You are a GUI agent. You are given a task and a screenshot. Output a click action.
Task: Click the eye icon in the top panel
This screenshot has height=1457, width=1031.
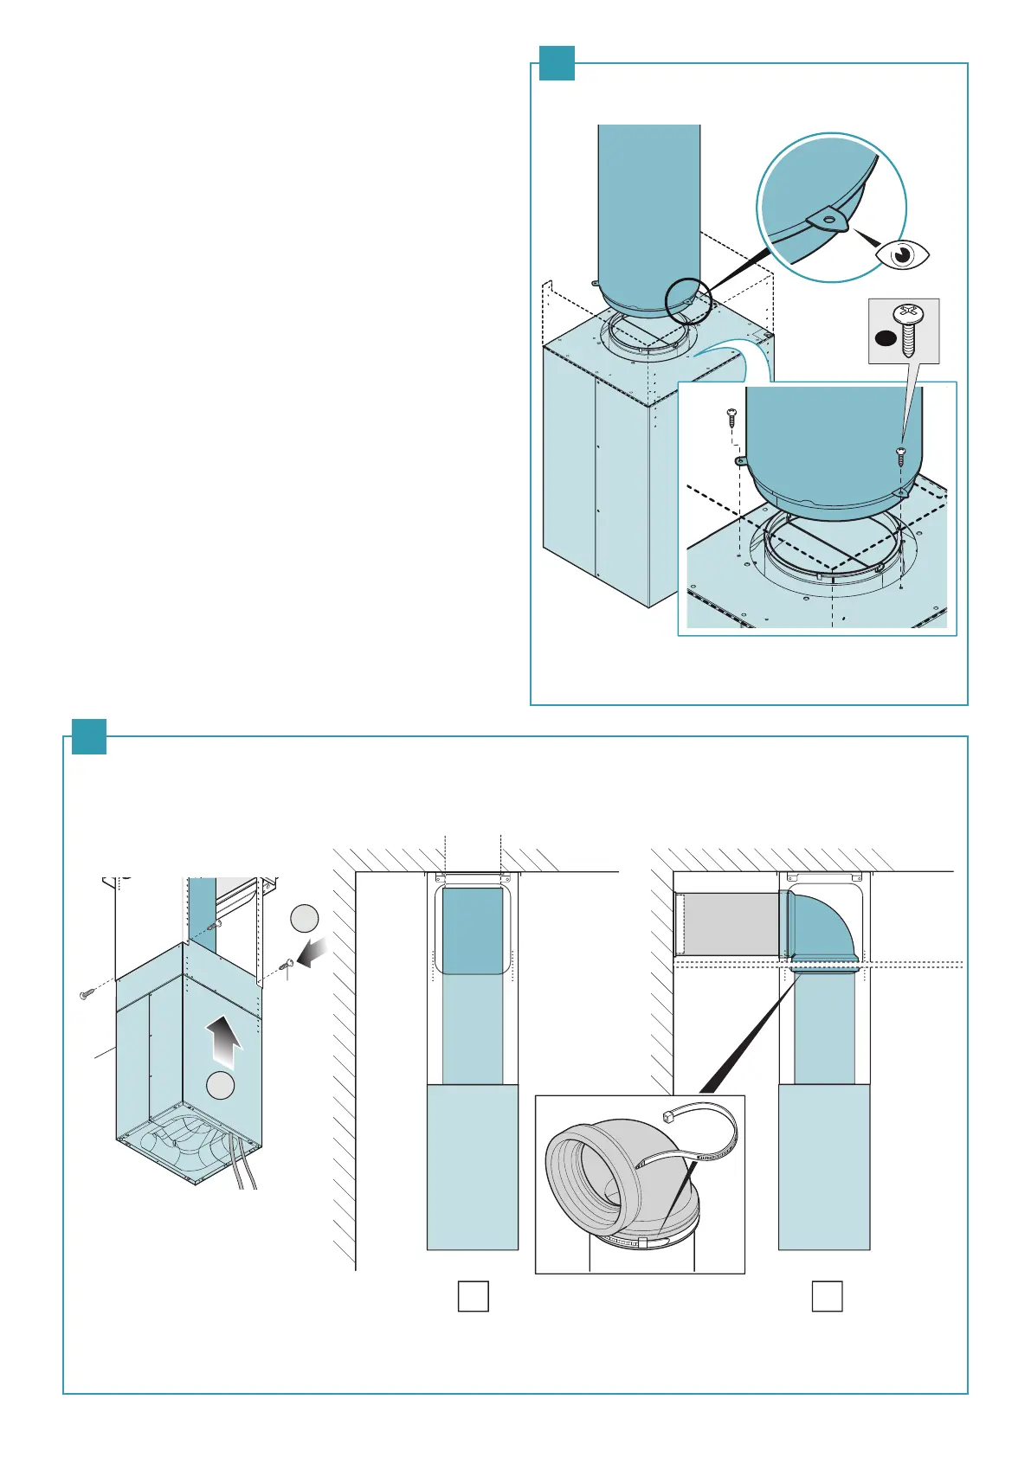coord(903,254)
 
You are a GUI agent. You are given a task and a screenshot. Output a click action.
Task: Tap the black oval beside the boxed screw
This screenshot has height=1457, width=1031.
coord(885,338)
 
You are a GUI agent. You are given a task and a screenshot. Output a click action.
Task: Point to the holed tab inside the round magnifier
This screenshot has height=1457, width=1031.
coord(828,220)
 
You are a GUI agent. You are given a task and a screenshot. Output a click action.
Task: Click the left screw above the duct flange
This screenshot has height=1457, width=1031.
coord(731,418)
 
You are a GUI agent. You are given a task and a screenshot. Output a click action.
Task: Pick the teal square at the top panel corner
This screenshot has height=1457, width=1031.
coord(557,62)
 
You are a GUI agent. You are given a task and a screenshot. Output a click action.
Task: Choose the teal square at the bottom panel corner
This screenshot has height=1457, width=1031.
coord(88,736)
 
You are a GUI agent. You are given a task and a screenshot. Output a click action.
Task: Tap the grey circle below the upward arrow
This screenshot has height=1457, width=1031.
coord(221,1084)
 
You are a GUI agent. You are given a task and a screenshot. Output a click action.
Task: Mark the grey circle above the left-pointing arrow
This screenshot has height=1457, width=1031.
coord(304,917)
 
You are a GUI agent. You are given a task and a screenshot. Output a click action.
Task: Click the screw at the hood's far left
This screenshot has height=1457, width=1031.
coord(87,995)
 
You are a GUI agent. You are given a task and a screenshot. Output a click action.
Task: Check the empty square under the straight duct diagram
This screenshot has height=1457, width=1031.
coord(473,1296)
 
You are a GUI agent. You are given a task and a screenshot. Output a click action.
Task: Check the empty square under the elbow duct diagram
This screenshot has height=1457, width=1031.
coord(827,1296)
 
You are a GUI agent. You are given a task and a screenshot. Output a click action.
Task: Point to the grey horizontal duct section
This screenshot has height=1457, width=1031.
coord(731,925)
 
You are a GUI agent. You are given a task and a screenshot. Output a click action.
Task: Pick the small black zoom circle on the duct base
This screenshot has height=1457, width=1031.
coord(688,300)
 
